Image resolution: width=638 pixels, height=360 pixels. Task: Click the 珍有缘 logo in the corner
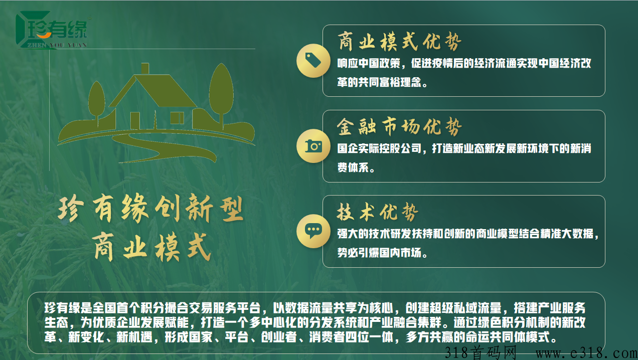coord(51,30)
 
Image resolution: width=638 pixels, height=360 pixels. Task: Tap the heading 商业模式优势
coord(399,41)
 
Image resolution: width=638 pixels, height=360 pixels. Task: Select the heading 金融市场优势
coord(399,126)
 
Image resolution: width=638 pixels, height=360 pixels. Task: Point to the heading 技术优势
coord(377,212)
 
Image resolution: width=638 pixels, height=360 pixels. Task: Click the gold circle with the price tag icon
coord(313,60)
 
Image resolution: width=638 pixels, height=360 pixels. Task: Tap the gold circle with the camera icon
coord(313,146)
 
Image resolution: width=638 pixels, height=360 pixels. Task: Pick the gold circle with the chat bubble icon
coord(313,231)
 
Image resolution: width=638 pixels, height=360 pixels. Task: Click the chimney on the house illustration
coord(145,69)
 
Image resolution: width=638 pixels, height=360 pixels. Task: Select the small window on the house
coord(177,118)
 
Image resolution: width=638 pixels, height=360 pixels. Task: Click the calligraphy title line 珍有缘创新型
coord(150,208)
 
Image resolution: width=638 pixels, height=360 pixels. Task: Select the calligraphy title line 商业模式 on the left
coord(150,248)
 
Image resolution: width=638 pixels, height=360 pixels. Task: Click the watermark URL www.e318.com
coord(586,353)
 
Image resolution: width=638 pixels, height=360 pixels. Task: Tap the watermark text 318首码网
coord(481,352)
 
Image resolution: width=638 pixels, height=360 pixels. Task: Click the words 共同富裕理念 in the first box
coord(390,82)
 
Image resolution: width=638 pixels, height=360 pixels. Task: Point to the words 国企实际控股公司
coord(379,148)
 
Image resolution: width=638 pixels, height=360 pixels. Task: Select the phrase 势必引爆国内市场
coord(379,253)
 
